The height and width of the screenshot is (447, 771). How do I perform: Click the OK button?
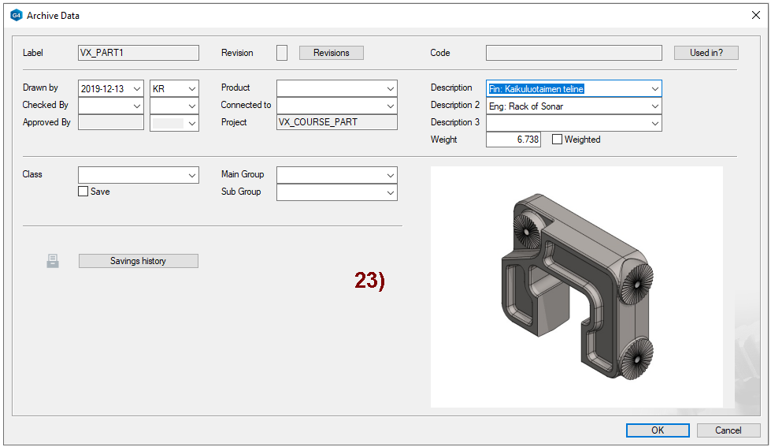[x=658, y=430]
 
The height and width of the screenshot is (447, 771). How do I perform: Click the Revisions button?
[x=332, y=53]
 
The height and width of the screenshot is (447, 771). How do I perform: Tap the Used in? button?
[x=706, y=53]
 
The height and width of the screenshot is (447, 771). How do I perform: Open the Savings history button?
[x=138, y=261]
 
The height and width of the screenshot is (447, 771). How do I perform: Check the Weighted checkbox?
[x=557, y=140]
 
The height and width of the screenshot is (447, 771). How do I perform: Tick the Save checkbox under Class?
[x=83, y=192]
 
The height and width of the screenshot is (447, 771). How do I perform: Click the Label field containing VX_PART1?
[x=138, y=53]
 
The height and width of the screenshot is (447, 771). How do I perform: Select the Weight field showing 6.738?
[x=513, y=140]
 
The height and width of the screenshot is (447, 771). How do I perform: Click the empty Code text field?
[x=574, y=53]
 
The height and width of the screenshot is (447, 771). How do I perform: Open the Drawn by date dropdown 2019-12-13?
[x=110, y=88]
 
